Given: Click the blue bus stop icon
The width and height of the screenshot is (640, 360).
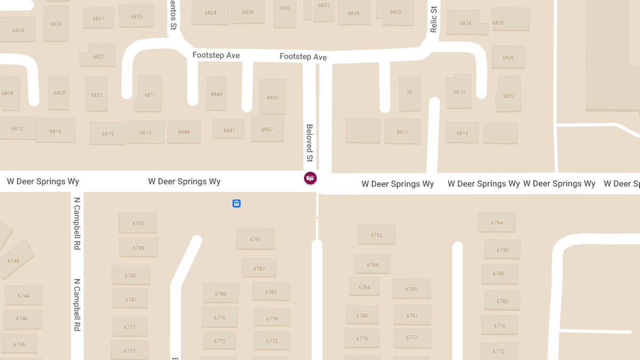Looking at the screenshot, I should coord(236,203).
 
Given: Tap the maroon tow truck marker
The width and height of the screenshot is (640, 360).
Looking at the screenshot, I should coord(310,178).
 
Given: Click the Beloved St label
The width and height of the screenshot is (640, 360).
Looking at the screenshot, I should coord(309,143).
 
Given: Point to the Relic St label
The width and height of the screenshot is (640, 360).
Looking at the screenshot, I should coord(433,19).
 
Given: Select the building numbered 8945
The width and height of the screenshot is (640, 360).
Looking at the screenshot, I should coord(217,94).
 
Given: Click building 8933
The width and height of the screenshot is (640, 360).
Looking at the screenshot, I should coord(273,97).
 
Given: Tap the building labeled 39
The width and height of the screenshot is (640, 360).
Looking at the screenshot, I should coord(410,93).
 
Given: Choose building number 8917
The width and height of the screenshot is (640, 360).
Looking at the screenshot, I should coord(403,132).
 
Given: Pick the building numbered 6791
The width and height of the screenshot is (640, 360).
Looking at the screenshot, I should coord(255,239).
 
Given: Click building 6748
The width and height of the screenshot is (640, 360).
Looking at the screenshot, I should coord(14,260).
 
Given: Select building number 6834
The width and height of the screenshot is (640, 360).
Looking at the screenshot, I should coord(466,23).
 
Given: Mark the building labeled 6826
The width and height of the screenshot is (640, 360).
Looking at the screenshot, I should coord(508,57).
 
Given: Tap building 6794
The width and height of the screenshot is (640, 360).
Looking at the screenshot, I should coord(497,222).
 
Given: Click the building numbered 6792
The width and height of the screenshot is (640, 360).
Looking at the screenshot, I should coord(377,235).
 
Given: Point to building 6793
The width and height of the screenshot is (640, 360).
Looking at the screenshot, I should coord(138,223).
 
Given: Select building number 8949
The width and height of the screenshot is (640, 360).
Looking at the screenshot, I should coord(184,132).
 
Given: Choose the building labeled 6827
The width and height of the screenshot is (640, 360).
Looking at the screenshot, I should coord(99,56).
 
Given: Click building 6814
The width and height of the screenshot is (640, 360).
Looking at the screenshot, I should coord(462,133).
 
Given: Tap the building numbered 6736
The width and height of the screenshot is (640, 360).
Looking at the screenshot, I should coord(19,344).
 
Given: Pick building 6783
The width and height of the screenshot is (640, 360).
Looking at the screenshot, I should coord(271,292).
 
